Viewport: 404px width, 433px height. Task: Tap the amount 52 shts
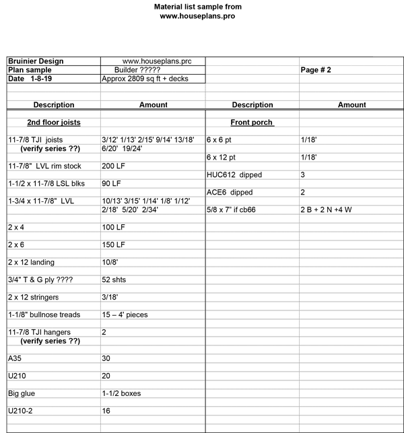[114, 279]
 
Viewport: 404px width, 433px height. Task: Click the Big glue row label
[21, 393]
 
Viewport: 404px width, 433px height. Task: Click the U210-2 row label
[21, 411]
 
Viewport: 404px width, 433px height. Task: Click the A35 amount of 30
[106, 358]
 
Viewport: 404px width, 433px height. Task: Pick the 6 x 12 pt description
[222, 157]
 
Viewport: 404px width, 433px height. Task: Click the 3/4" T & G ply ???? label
[40, 279]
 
